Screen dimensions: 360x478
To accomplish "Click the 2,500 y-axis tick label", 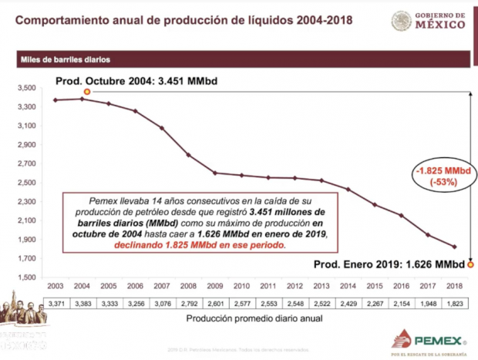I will point(27,182).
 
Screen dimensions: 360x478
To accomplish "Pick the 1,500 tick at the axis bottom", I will point(27,277).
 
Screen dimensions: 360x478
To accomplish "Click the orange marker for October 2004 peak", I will point(86,91).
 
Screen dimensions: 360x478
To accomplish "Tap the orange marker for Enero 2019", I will point(470,264).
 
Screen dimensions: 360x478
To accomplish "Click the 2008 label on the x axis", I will point(187,287).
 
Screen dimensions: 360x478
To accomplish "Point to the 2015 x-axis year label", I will point(375,287).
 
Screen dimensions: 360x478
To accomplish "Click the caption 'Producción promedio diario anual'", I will point(242,318).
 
